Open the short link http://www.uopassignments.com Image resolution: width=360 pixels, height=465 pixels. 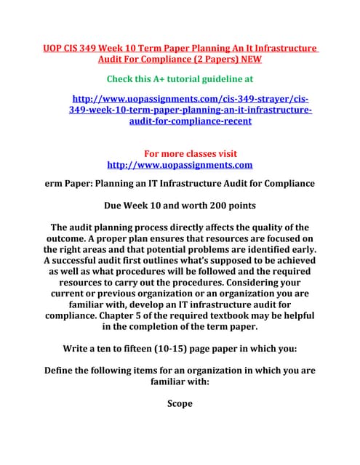click(180, 165)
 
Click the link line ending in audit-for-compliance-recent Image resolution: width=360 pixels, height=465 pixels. click(190, 121)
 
